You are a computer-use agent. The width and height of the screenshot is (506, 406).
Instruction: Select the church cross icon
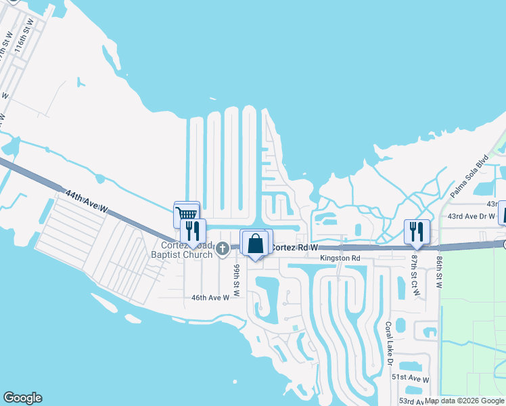point(223,250)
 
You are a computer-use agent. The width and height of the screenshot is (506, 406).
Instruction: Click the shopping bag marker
point(256,243)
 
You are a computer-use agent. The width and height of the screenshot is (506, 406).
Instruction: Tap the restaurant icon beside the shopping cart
point(193,231)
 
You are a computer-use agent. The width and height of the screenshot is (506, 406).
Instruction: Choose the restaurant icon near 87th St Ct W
point(415,231)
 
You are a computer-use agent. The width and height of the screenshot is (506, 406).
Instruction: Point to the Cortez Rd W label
point(294,248)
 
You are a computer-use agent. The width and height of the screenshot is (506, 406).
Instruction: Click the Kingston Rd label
point(341,258)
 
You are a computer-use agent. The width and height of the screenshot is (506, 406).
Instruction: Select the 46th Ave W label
point(210,297)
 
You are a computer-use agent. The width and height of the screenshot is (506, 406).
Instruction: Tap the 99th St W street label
point(237,279)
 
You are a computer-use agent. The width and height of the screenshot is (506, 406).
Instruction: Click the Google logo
point(22,398)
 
